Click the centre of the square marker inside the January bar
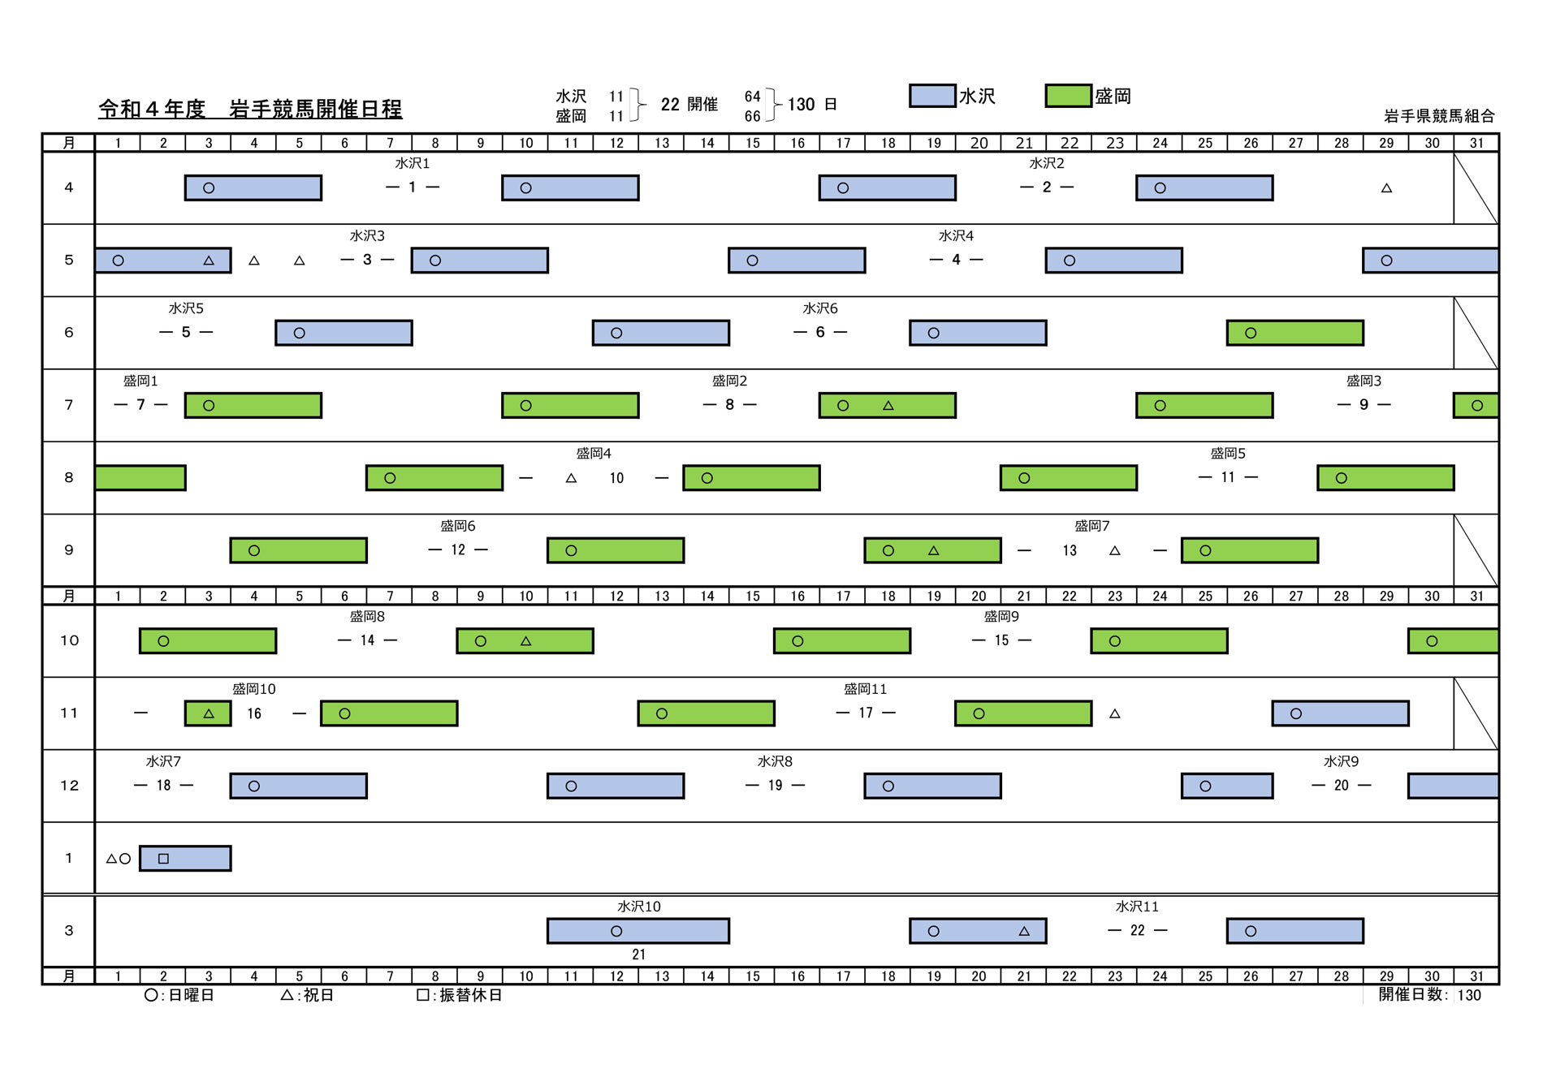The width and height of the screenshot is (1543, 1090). coord(163,858)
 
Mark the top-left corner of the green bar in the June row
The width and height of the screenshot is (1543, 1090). coord(1227,321)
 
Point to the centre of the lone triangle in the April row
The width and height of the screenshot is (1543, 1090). coord(1386,188)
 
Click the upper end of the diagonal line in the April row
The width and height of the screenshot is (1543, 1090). coord(1454,153)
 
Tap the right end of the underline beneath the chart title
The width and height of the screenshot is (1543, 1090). coord(402,119)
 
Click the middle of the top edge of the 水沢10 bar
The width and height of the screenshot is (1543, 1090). coord(638,919)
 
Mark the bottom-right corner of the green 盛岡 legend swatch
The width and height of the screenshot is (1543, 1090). coord(1091,106)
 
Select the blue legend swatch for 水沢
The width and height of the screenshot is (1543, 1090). coord(932,96)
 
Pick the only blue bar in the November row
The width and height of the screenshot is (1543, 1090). coord(1340,713)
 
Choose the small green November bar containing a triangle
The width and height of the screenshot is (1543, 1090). coord(208,713)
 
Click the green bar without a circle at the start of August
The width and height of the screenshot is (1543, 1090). coord(140,478)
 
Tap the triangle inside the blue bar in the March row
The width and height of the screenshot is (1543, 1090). coord(1024,931)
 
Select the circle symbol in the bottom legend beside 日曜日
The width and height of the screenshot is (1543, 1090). coord(151,995)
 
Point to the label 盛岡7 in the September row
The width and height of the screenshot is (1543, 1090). coord(1092,526)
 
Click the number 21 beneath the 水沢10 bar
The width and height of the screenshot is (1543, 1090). coord(638,954)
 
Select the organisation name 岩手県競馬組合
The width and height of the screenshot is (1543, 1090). coord(1439,116)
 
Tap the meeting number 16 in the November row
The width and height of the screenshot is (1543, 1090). coord(254,713)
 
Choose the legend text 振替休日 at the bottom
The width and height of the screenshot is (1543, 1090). coord(471,995)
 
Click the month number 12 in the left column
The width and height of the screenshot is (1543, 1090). coord(69,786)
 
